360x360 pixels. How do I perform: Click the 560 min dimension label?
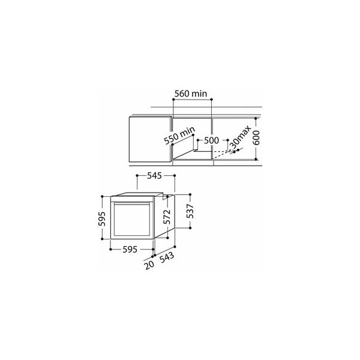[x=191, y=94]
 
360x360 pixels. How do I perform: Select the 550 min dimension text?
[x=179, y=136]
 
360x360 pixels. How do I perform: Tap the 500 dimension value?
[x=211, y=140]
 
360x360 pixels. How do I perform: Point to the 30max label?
[x=241, y=138]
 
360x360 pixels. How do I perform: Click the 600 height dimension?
[x=256, y=138]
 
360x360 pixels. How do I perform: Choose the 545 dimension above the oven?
[x=154, y=176]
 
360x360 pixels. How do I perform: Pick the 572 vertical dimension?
[x=167, y=217]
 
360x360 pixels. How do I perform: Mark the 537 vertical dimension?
[x=190, y=211]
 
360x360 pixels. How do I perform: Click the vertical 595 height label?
[x=102, y=219]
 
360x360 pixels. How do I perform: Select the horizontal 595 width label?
[x=130, y=250]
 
